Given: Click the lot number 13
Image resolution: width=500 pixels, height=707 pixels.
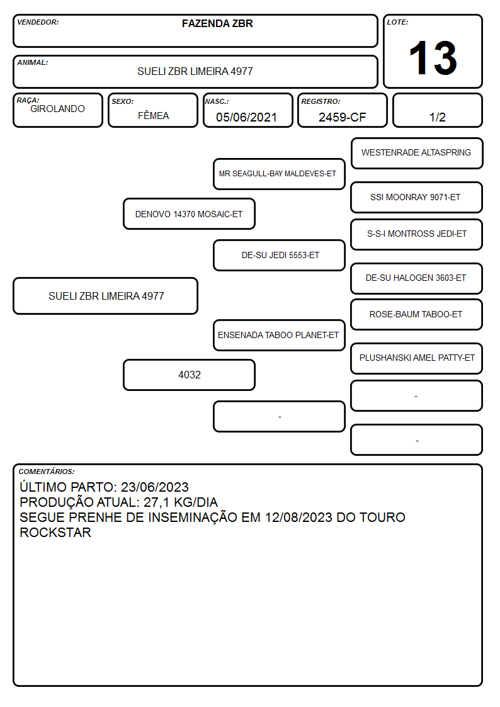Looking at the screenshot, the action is click(433, 58).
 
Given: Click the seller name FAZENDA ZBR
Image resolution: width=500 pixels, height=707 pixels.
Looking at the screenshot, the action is click(217, 23).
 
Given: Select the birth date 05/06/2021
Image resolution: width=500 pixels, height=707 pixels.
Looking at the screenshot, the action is click(246, 117).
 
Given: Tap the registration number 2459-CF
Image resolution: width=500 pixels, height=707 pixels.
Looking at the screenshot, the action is click(342, 117).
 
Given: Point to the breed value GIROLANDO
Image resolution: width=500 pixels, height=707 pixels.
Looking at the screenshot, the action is click(57, 109).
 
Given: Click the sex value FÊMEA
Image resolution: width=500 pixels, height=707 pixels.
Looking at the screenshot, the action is click(153, 115).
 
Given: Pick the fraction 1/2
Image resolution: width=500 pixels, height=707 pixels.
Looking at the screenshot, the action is click(437, 117).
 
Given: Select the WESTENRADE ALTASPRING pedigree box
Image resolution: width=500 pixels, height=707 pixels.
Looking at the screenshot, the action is click(417, 154).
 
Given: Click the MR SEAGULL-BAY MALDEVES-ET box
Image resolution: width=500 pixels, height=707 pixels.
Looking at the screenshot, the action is click(279, 174).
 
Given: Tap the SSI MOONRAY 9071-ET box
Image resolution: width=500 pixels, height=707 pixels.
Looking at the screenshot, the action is click(417, 198).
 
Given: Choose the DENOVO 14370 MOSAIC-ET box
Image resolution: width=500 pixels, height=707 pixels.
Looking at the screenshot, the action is click(189, 213).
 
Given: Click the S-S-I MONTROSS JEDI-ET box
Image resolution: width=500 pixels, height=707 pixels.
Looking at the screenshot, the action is click(417, 234).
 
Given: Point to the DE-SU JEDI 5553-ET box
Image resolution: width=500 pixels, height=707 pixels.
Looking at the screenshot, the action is click(279, 255).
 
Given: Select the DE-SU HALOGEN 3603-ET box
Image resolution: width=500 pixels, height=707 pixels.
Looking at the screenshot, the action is click(417, 279).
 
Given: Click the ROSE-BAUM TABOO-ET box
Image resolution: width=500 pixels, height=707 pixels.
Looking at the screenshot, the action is click(417, 315).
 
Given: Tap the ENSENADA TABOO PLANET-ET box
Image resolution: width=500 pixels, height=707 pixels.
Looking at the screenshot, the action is click(279, 335).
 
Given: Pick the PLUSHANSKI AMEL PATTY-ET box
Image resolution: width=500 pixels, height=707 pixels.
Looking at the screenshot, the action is click(417, 358).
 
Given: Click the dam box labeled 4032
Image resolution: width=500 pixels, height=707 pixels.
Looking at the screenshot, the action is click(189, 375).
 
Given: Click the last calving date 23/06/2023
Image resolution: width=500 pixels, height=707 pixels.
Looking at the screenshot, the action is click(155, 487).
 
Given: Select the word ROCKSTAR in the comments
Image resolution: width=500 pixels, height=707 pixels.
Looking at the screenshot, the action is click(55, 533).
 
